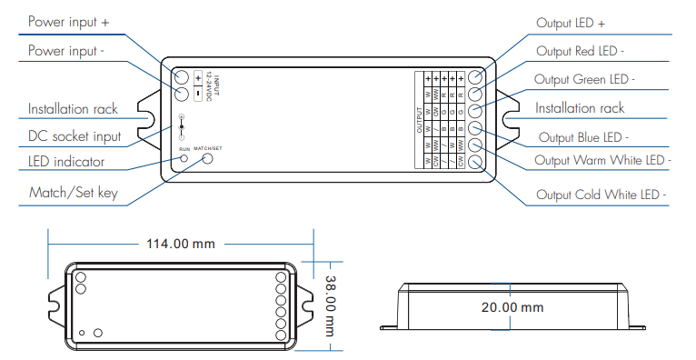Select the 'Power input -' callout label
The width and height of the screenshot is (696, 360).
click(65, 51)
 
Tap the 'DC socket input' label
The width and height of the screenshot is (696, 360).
click(74, 136)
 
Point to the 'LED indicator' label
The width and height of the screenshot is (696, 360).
click(65, 163)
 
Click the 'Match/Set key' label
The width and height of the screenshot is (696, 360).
click(73, 194)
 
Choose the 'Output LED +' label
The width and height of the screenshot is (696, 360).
click(585, 23)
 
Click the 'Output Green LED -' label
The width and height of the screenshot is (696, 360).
click(597, 79)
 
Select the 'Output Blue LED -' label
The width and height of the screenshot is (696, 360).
click(597, 137)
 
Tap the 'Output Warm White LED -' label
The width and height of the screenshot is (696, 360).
click(603, 161)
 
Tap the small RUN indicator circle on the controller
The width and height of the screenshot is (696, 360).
click(184, 158)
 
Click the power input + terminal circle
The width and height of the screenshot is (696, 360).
click(181, 77)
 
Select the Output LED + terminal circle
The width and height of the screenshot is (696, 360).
click(475, 77)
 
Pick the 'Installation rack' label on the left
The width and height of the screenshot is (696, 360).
click(73, 109)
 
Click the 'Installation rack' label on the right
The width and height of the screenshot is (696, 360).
click(580, 108)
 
